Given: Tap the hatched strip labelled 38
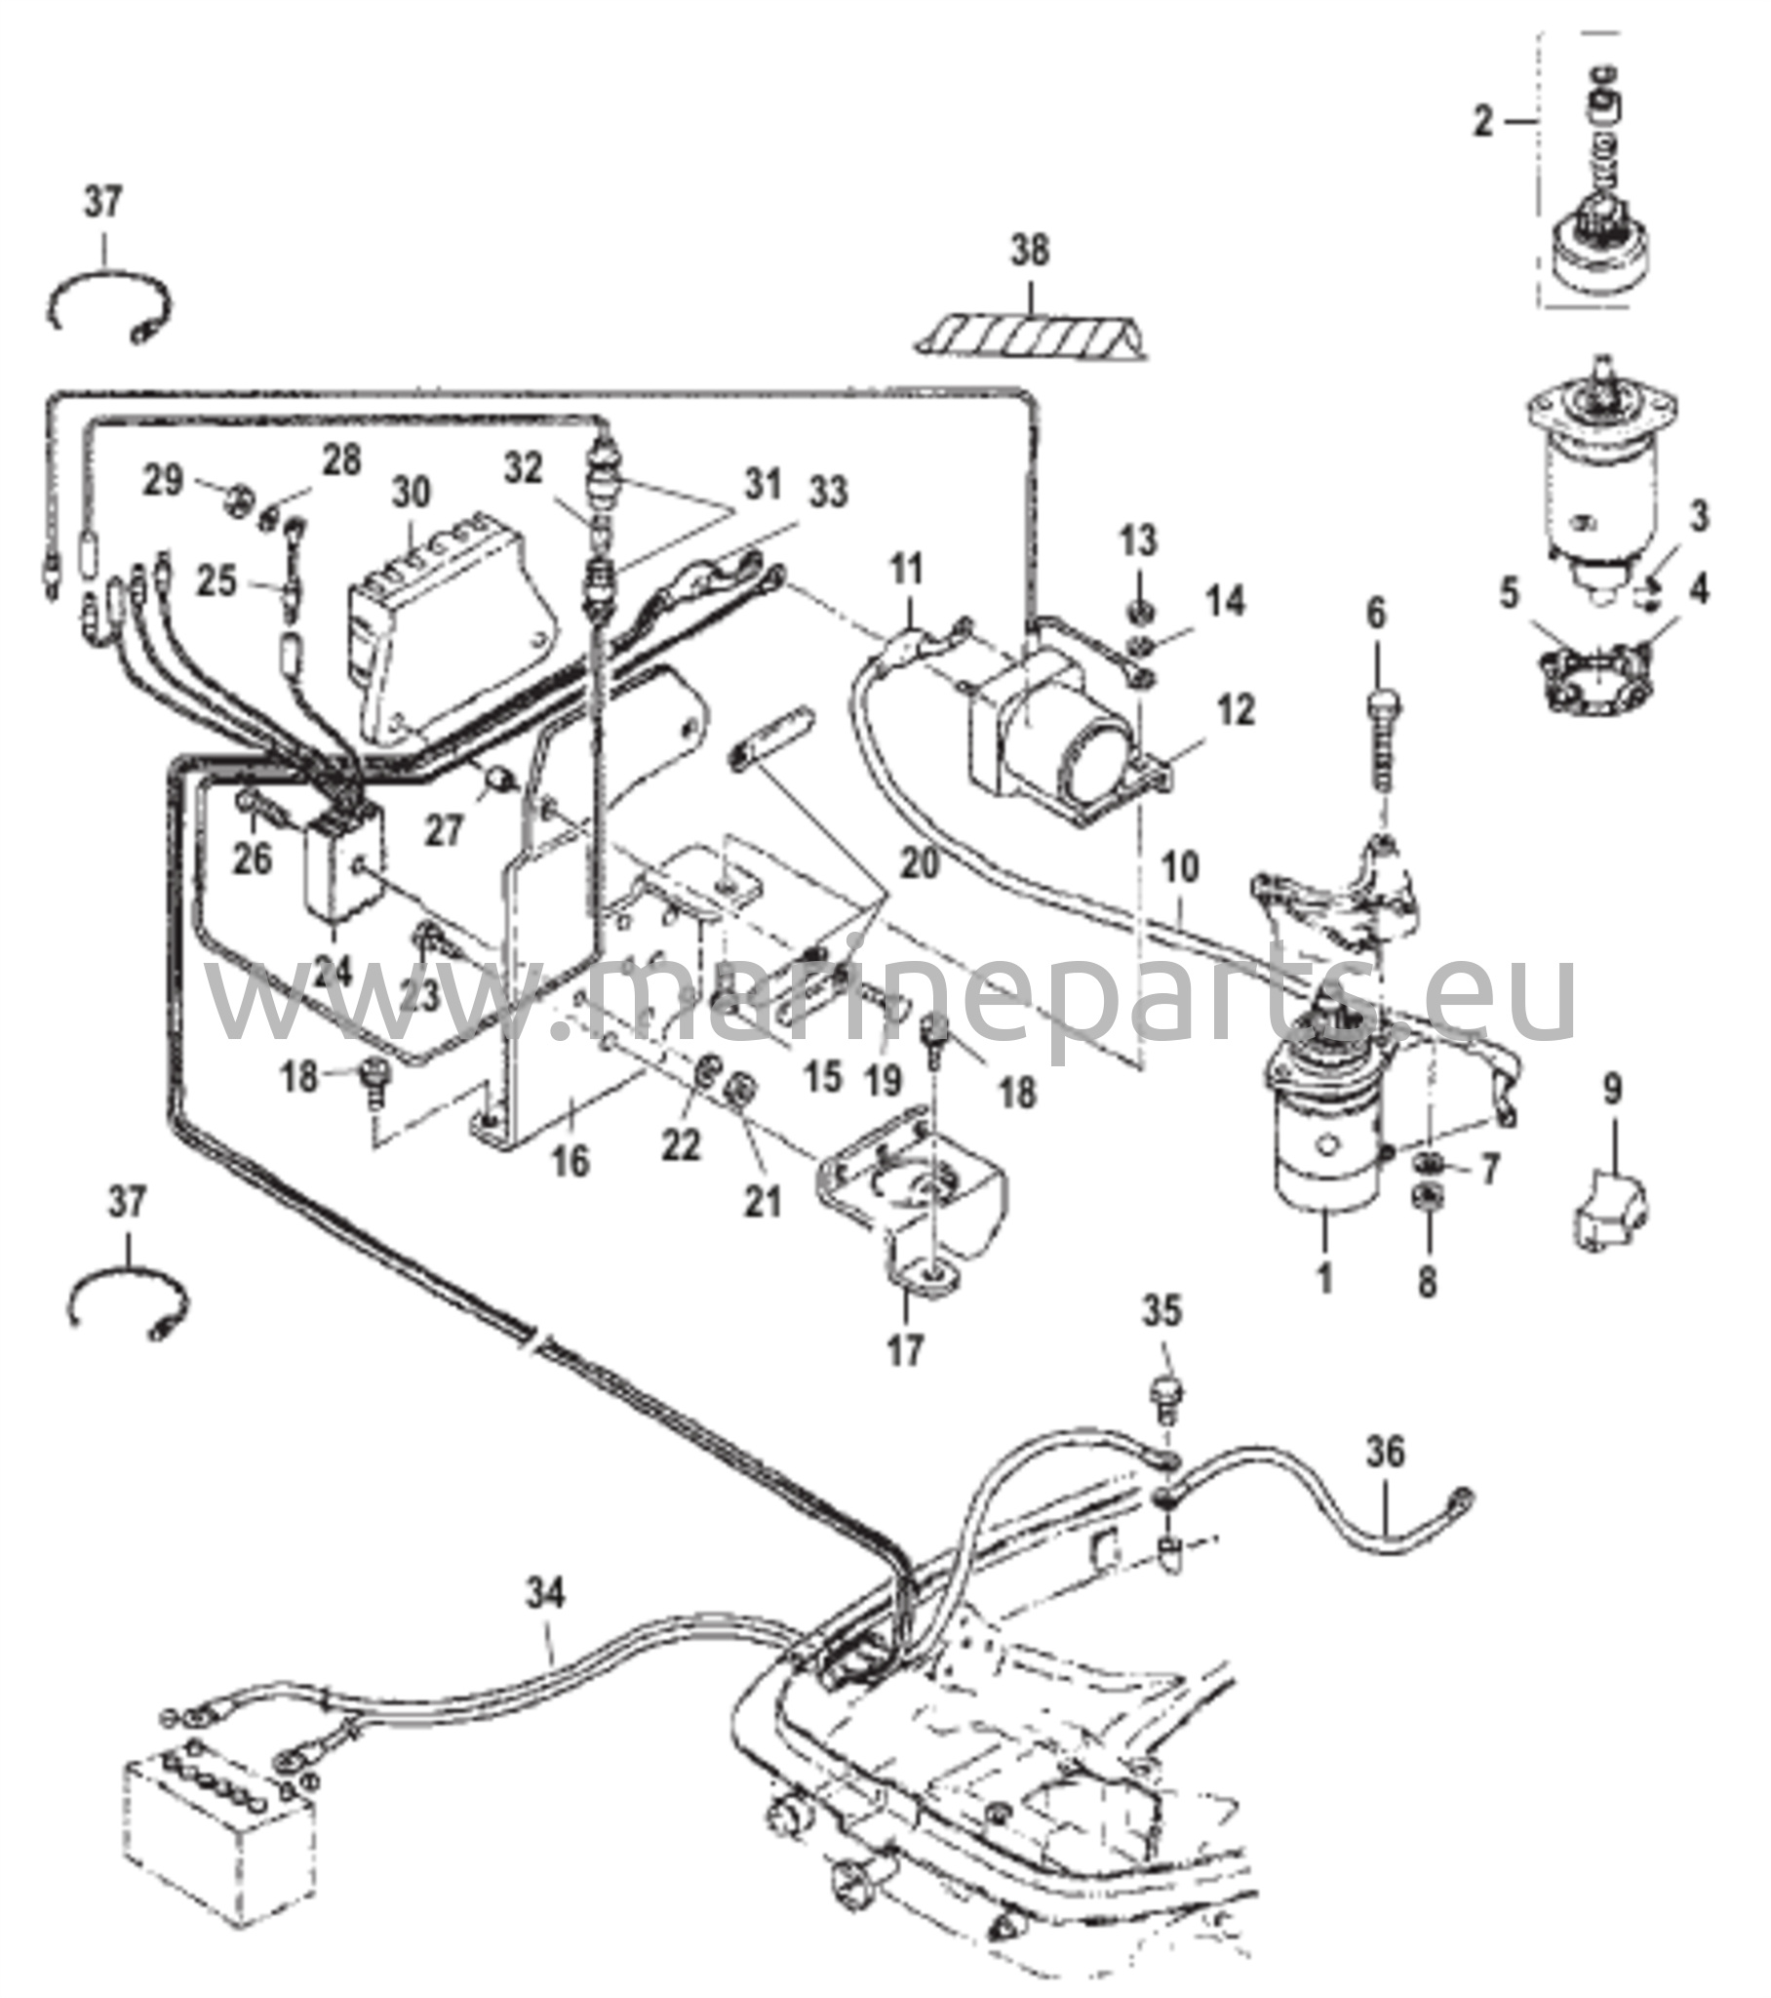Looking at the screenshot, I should click(1031, 335).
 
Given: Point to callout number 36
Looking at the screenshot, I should click(1386, 1453).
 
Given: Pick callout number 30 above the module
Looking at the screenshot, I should click(411, 494).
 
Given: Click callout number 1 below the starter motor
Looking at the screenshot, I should click(1324, 1278).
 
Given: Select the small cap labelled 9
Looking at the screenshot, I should click(1609, 1213).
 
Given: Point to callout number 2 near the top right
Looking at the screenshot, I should click(1483, 122).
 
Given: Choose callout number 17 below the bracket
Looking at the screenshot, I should click(905, 1350).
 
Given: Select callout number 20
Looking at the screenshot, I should click(920, 862).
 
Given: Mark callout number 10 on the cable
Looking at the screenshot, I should click(1180, 867).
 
